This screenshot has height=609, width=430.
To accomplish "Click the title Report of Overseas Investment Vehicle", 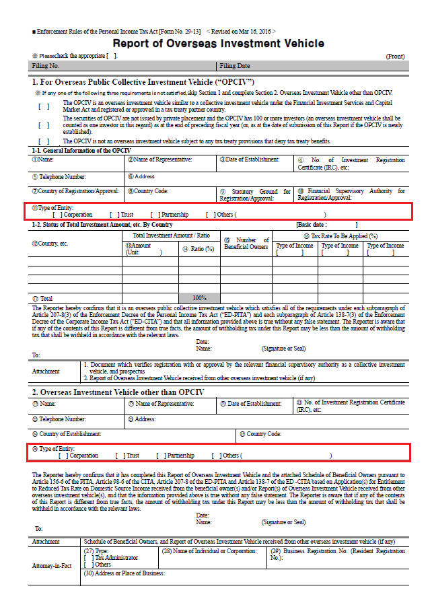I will point(218,44).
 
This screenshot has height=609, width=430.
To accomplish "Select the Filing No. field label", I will point(46,66).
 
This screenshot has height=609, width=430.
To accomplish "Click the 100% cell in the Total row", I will point(199,297).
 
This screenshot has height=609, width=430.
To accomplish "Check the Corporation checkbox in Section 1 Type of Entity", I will point(56,215).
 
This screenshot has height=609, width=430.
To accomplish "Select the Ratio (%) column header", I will point(199,249).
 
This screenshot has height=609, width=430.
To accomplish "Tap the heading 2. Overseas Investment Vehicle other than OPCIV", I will point(118,392).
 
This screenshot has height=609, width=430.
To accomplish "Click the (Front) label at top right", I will point(395,57).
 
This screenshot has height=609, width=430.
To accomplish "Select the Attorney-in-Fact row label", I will point(52,566).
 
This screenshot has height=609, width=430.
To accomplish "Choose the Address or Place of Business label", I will point(124,573).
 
